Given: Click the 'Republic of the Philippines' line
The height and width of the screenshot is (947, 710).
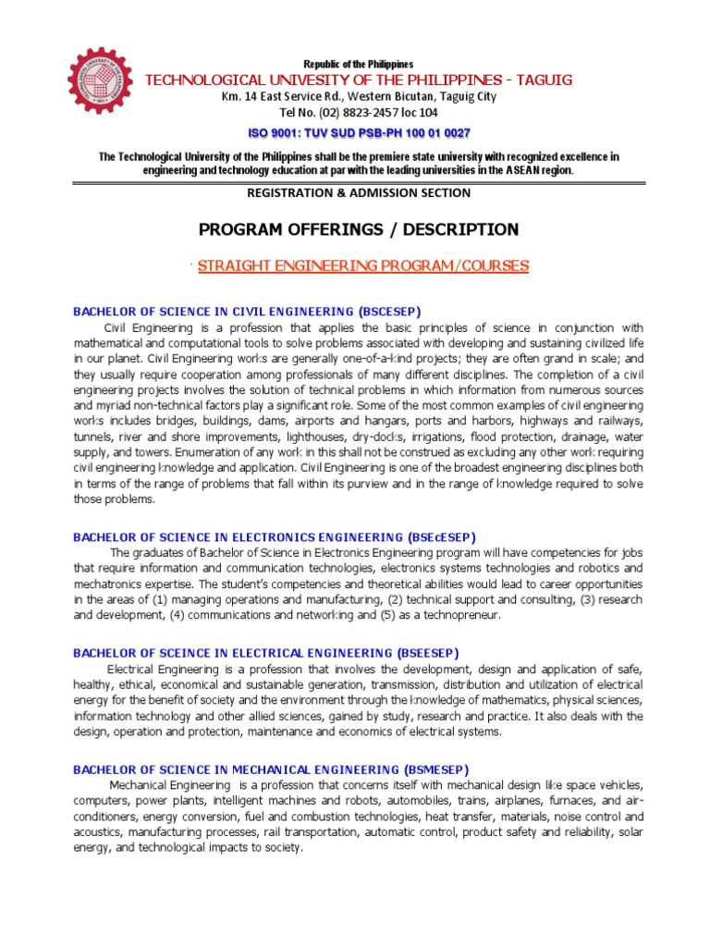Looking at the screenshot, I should [x=359, y=64].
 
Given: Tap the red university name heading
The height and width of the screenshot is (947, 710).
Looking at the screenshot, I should [x=359, y=80].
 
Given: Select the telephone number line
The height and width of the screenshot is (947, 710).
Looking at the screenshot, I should [x=359, y=113].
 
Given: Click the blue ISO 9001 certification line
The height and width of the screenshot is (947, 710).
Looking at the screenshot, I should [x=359, y=133].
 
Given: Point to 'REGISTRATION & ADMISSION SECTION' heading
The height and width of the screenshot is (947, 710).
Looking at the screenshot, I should [x=359, y=192].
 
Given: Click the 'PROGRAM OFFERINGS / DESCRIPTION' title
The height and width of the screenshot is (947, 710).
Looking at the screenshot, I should [x=360, y=229].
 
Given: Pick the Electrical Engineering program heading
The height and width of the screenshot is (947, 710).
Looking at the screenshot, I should [x=265, y=653].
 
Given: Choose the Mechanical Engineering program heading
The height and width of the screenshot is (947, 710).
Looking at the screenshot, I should [x=271, y=769].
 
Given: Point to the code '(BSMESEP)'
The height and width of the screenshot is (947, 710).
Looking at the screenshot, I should [x=435, y=769].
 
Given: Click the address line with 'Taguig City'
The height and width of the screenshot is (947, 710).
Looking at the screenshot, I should [x=359, y=97].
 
